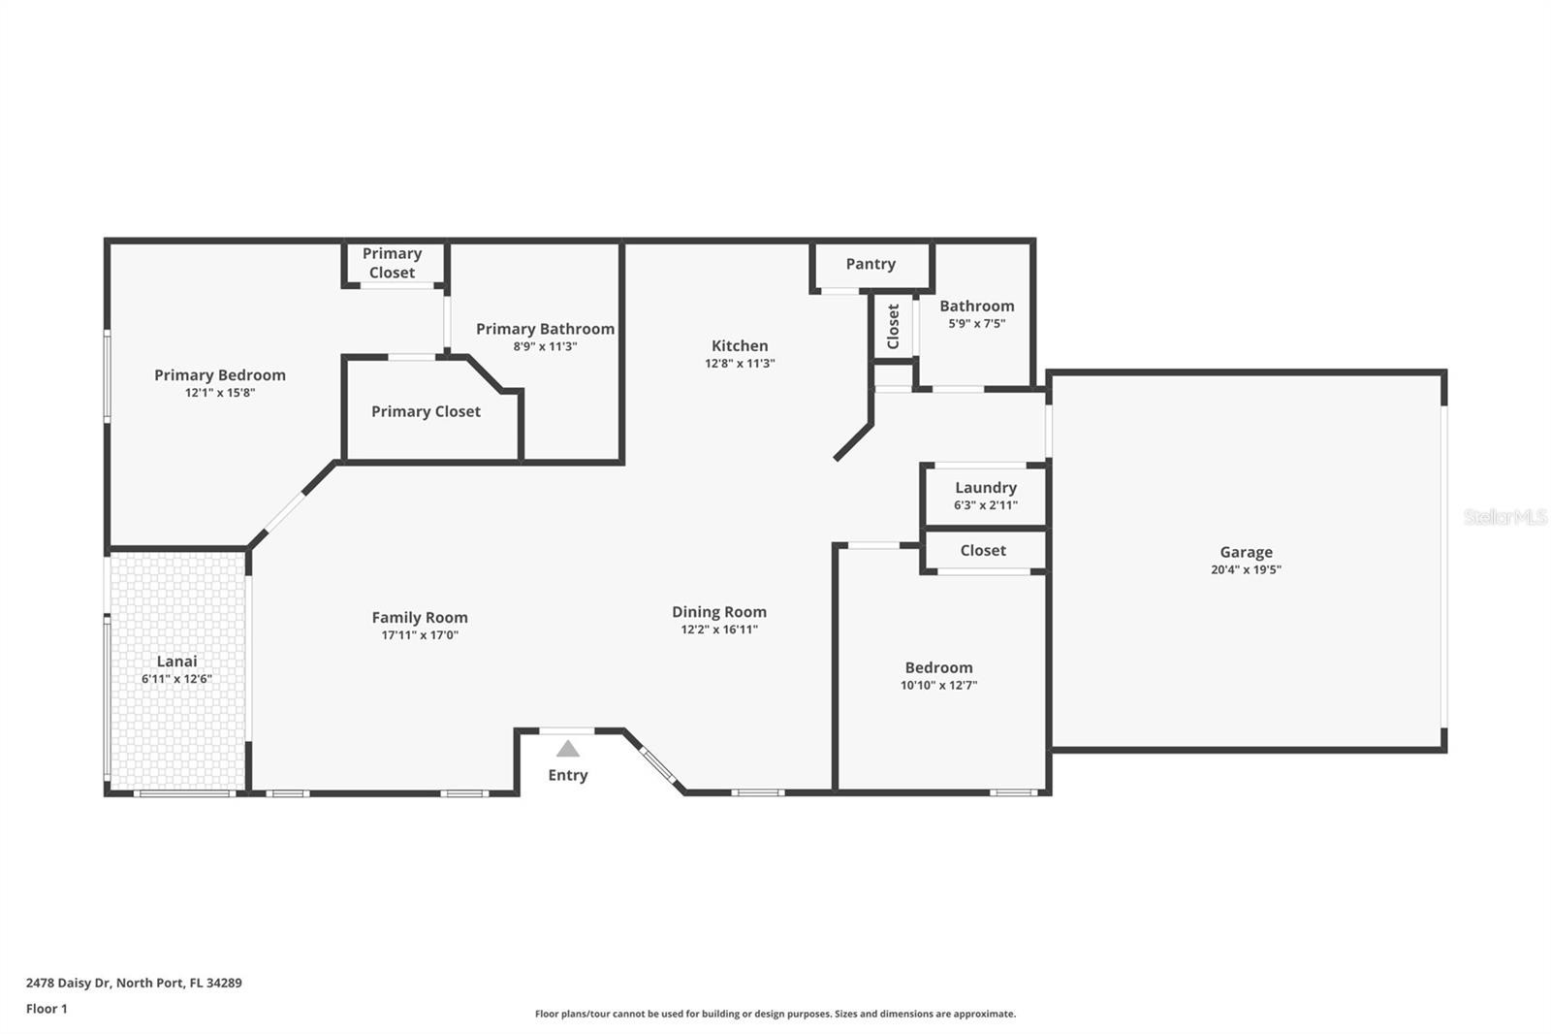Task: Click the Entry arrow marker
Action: coord(568,749)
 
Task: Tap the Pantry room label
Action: coord(870,264)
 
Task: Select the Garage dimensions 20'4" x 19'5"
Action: coord(1246,569)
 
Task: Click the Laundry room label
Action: coord(985,488)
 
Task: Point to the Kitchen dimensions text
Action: coord(740,363)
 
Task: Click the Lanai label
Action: coord(176,662)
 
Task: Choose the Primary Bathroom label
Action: coord(545,329)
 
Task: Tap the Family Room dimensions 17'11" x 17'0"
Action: coord(420,634)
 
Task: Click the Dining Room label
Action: coord(718,612)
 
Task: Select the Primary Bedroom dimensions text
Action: coord(219,393)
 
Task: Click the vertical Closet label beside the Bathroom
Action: coord(893,327)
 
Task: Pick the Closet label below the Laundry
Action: coord(983,550)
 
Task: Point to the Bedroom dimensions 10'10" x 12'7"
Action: coord(938,686)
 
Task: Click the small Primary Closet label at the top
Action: coord(392,264)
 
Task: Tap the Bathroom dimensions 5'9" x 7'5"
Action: coord(976,324)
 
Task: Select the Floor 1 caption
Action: coord(47,1009)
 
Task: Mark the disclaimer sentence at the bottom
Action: coord(775,1014)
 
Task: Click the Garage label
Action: coord(1246,552)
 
